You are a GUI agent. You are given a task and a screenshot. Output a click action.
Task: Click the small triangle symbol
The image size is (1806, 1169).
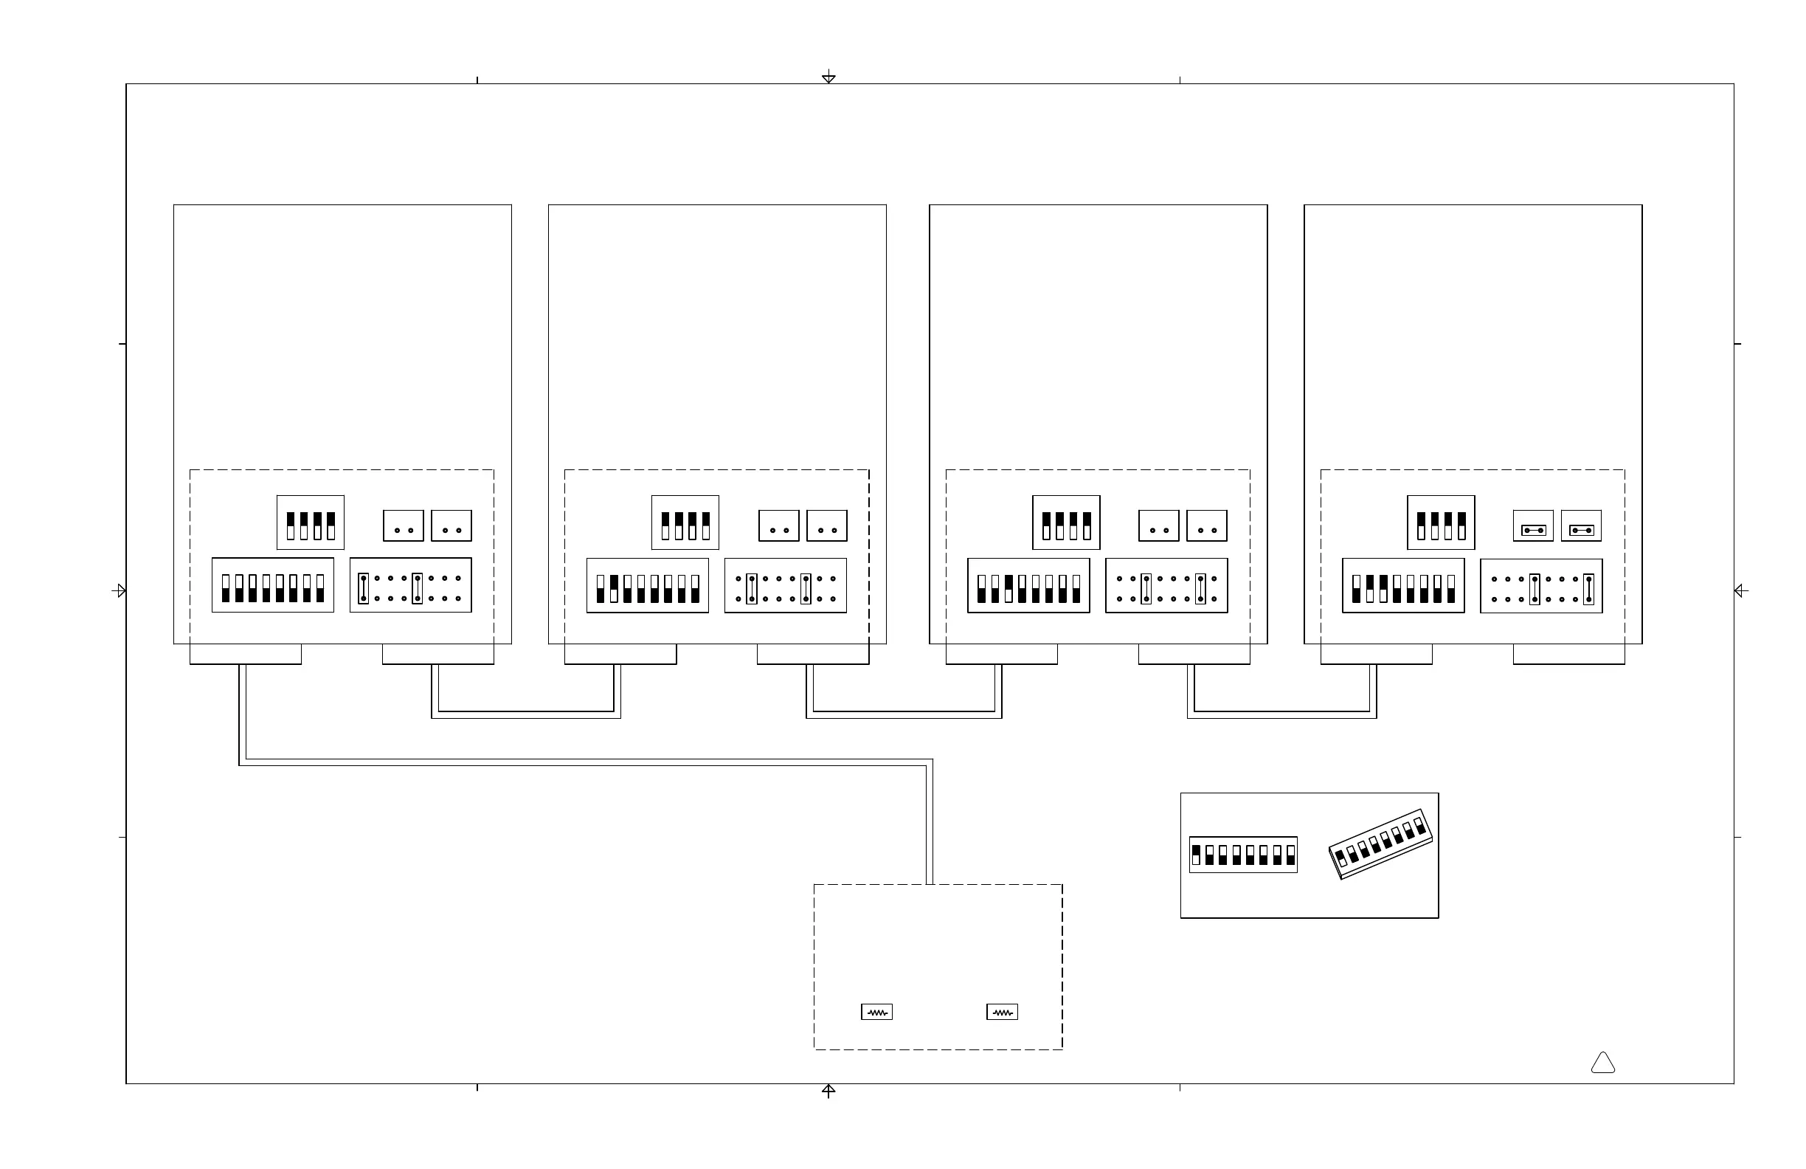tap(1602, 1063)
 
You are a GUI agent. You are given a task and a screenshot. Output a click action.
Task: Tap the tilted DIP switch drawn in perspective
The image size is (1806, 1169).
tap(1381, 844)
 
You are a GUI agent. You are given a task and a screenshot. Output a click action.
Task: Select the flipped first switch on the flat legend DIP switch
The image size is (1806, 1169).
tap(1197, 855)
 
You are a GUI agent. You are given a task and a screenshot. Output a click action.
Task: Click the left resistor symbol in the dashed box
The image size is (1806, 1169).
tap(876, 1012)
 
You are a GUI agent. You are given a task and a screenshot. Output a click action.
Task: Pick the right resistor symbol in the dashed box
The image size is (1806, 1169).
tap(1002, 1012)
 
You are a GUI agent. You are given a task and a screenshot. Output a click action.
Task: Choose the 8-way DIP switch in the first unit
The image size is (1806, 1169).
tap(272, 585)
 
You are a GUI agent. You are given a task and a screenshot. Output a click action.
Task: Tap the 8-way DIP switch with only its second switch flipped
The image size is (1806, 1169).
tap(647, 585)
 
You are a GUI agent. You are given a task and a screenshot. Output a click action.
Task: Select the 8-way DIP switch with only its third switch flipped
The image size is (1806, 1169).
tap(1028, 585)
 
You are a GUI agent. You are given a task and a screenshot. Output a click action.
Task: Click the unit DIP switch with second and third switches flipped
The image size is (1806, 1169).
tap(1403, 585)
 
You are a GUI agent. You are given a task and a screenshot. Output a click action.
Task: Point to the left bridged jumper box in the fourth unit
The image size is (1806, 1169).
tap(1533, 526)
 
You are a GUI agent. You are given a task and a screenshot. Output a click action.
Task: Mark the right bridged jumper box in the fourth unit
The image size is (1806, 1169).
tap(1582, 526)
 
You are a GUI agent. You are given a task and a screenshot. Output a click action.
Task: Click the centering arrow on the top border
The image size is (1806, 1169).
tap(828, 77)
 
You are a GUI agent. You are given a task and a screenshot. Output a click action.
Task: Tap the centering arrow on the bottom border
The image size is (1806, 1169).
tap(828, 1090)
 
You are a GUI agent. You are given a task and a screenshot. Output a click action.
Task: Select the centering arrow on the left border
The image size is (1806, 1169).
tap(119, 590)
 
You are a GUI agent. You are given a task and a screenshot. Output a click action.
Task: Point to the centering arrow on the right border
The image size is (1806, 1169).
tap(1741, 590)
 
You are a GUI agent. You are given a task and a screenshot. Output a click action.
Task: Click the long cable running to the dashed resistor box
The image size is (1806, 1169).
tap(584, 762)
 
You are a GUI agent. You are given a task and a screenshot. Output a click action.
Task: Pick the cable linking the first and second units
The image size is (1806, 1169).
tap(526, 715)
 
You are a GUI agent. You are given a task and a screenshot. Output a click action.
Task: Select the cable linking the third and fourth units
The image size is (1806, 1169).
tap(1281, 715)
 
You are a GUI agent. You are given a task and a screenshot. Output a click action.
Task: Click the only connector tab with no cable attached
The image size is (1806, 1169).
tap(1568, 655)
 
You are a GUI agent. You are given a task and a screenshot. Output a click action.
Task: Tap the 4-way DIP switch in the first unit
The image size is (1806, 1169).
tap(311, 523)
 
